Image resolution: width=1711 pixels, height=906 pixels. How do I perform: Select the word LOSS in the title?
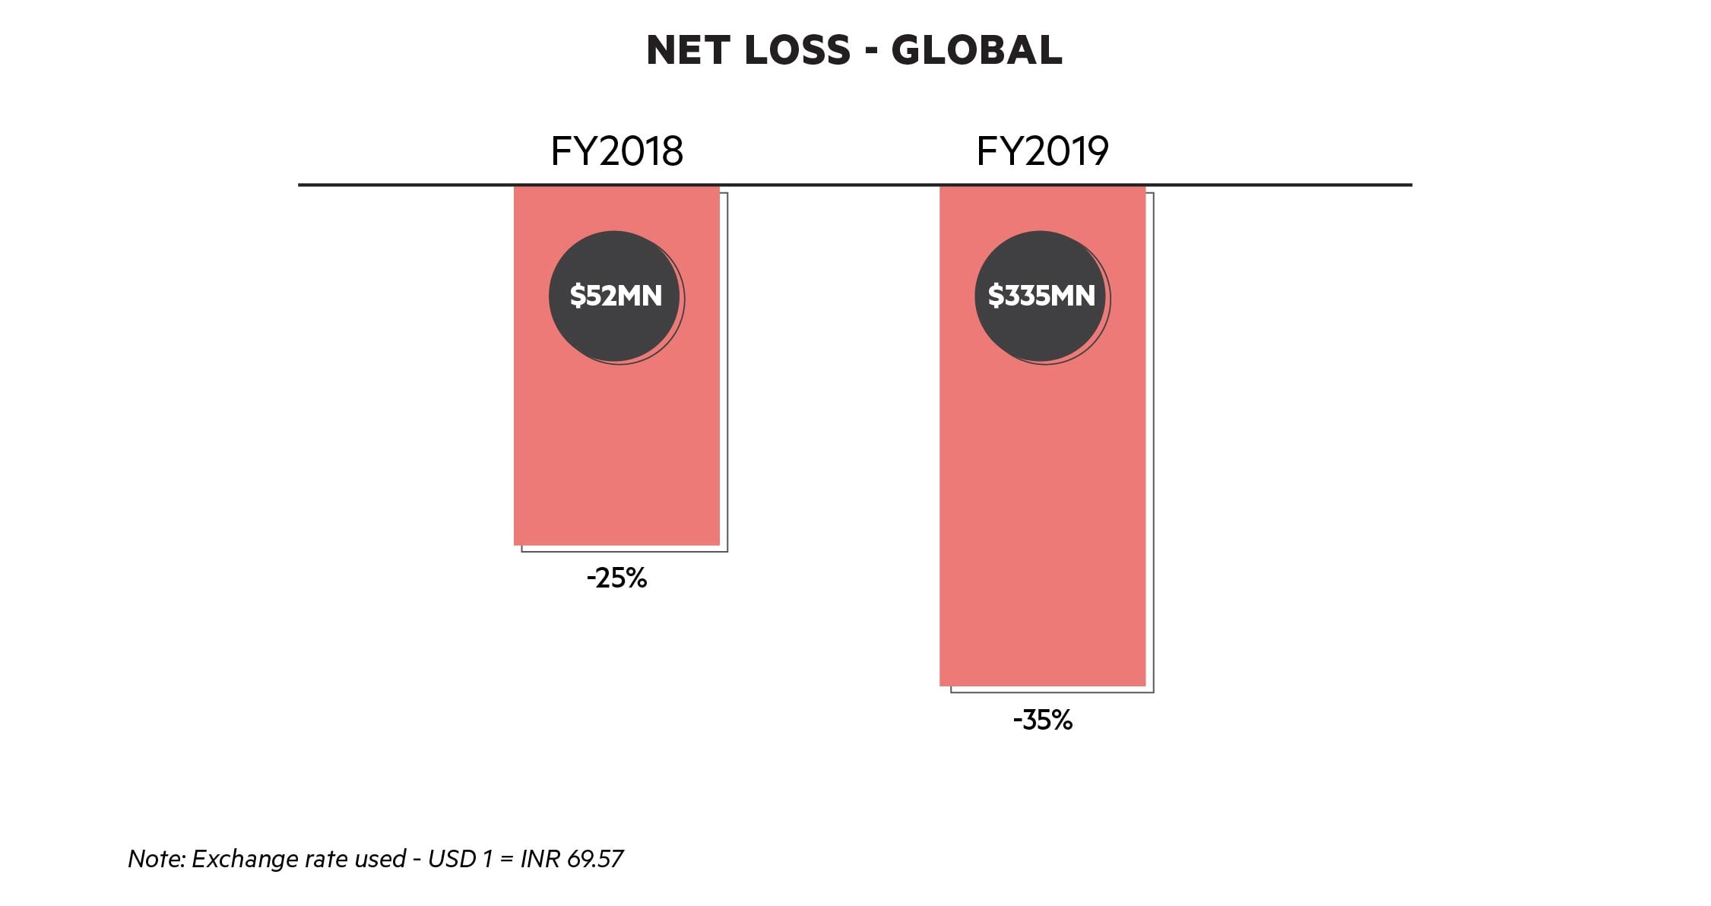pos(797,51)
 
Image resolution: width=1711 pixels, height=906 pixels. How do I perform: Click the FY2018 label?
pos(616,151)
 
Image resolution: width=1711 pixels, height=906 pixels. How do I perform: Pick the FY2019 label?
pos(1042,151)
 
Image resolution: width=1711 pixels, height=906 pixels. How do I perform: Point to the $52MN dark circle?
pos(615,296)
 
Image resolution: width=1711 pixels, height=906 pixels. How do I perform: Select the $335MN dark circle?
pos(1041,296)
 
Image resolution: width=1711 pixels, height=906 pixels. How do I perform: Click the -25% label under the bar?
pos(616,579)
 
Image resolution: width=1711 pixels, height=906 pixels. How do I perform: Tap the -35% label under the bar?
pos(1042,720)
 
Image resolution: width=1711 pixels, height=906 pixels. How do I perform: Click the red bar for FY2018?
pos(616,456)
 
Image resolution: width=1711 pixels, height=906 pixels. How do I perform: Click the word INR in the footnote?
pos(540,859)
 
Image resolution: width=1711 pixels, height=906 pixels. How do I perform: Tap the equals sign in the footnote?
pos(506,860)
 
